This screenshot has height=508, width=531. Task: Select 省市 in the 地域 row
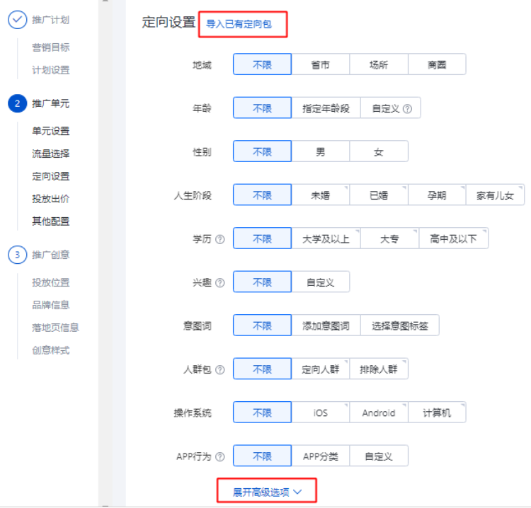(320, 65)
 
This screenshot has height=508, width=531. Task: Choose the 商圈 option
(437, 65)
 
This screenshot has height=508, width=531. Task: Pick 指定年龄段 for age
(326, 109)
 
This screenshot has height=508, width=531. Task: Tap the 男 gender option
(320, 152)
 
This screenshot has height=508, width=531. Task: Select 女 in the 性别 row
(379, 152)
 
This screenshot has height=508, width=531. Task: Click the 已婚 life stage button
(379, 195)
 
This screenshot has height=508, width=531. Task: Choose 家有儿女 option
(495, 195)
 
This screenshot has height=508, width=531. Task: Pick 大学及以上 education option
(326, 239)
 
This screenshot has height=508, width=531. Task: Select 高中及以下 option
(453, 239)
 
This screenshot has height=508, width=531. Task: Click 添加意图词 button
(326, 326)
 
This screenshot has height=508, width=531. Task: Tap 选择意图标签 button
(399, 326)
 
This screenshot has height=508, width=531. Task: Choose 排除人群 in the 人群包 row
(379, 369)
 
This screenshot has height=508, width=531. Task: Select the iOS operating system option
(320, 412)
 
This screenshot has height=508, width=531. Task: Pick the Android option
(379, 412)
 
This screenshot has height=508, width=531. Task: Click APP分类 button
(320, 456)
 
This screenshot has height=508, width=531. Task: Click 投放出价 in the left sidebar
(50, 199)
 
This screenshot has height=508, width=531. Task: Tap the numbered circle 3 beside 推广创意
(17, 255)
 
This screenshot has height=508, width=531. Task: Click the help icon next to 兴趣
(219, 283)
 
